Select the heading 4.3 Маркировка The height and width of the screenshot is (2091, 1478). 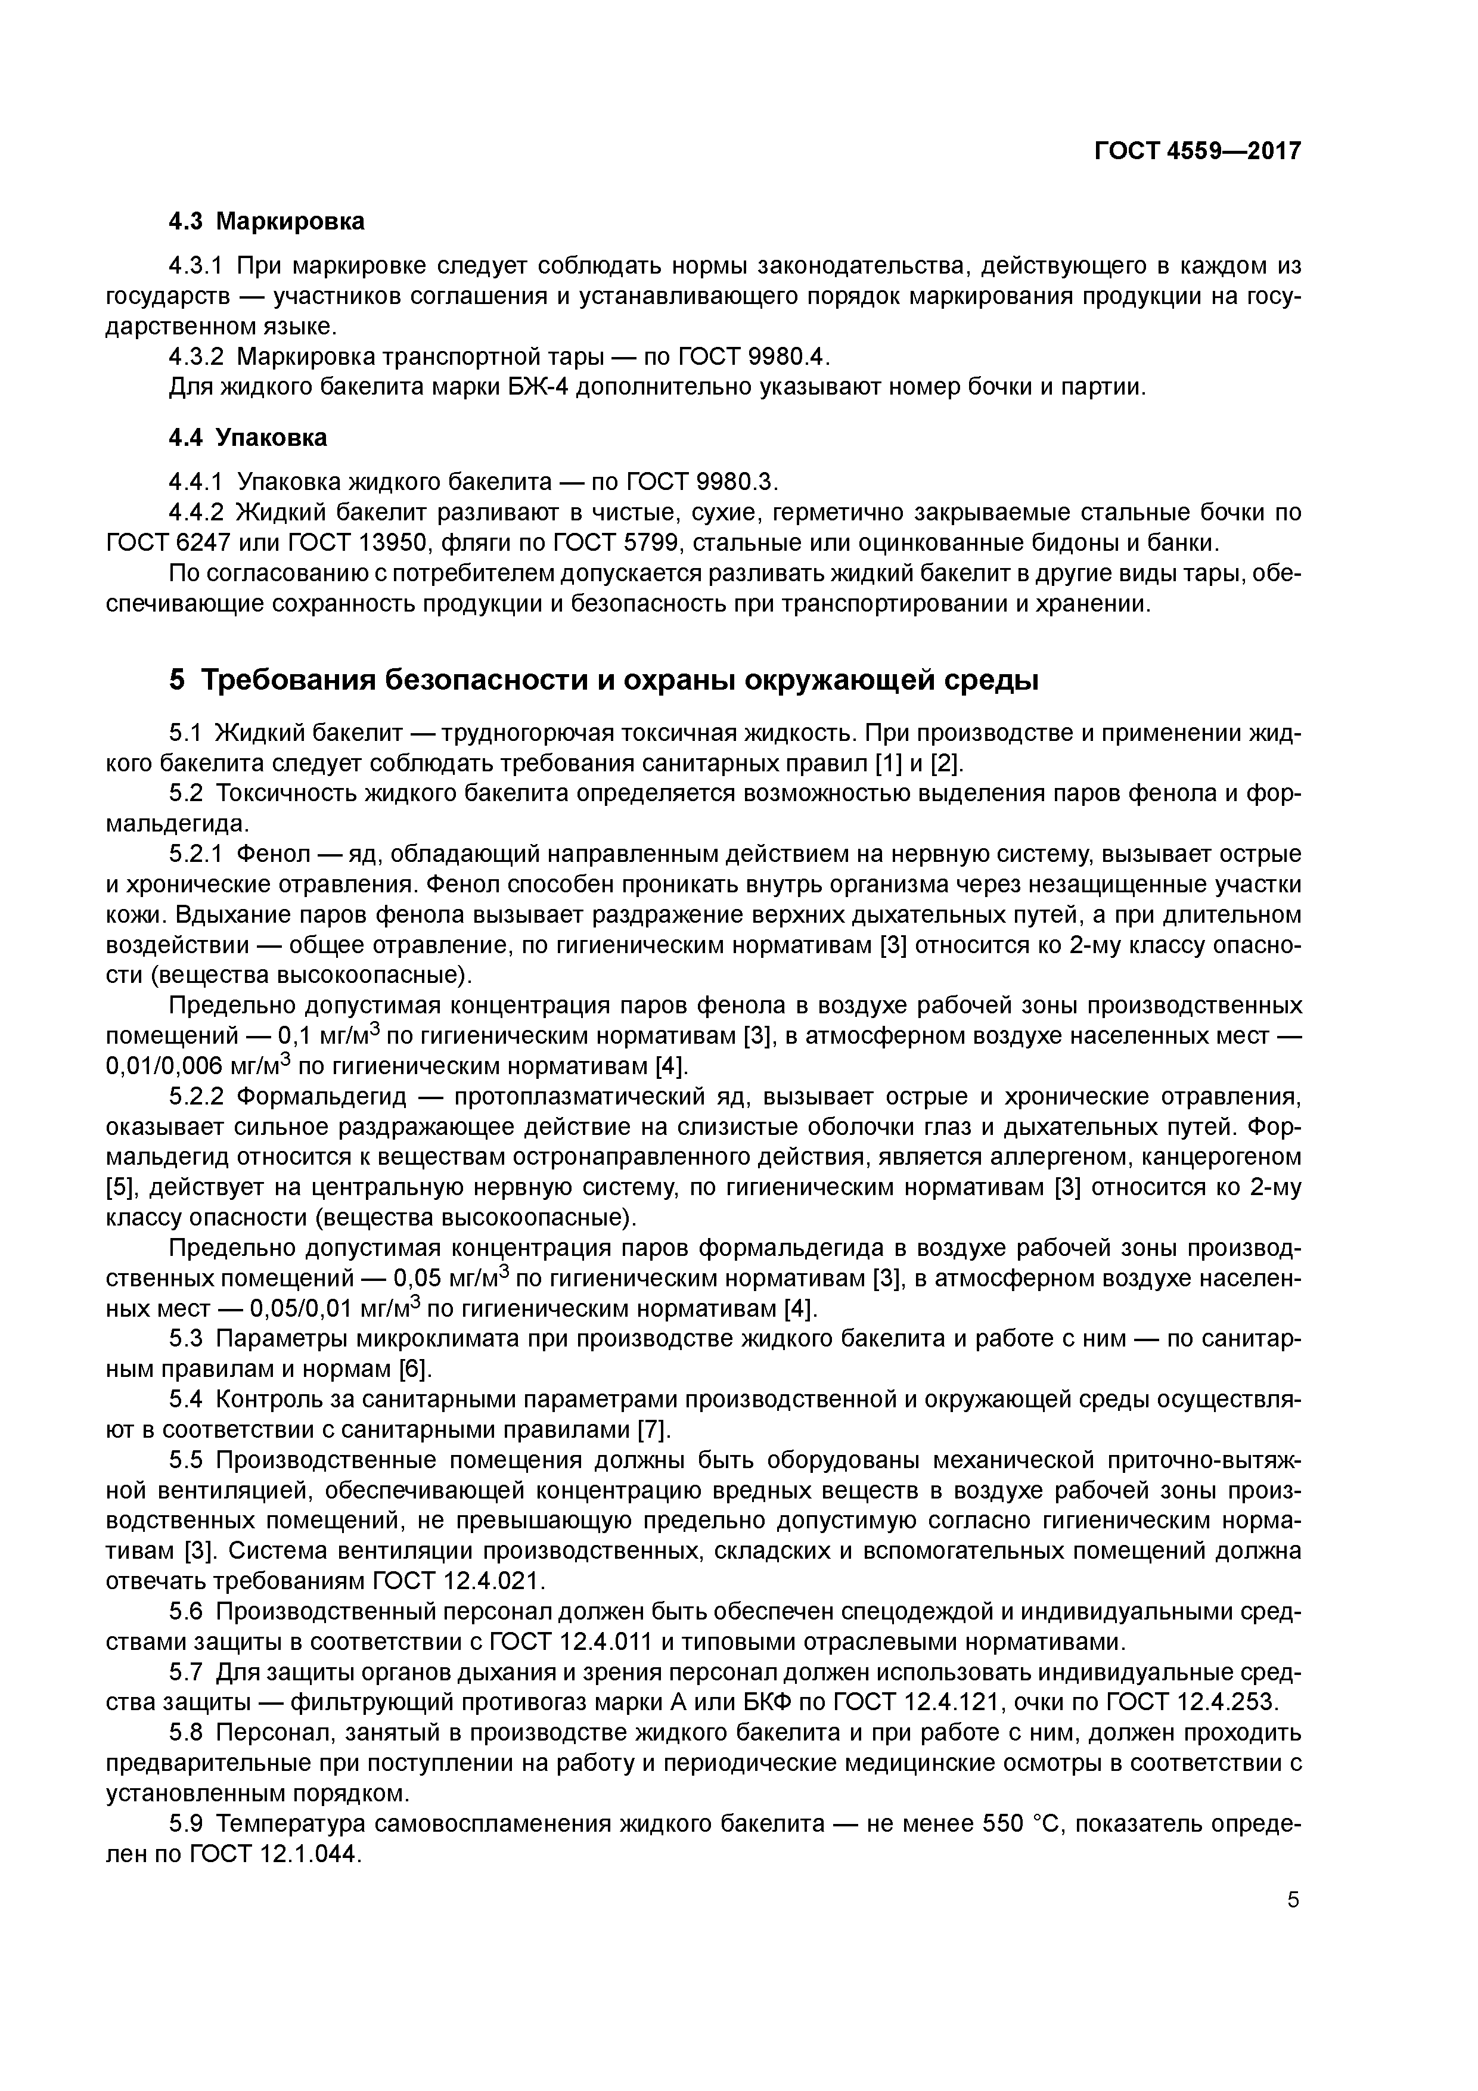(x=267, y=221)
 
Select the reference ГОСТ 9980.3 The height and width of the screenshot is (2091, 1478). (x=704, y=481)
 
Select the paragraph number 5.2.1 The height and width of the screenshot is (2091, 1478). (x=196, y=854)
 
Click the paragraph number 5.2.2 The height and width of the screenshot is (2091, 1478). (x=196, y=1097)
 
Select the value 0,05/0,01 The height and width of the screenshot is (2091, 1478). (x=302, y=1309)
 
